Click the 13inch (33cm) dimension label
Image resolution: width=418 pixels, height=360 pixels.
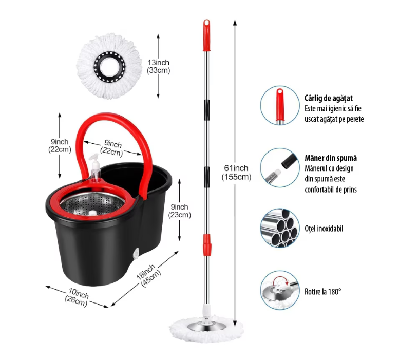pyautogui.click(x=159, y=66)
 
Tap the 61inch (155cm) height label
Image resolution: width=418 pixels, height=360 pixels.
pyautogui.click(x=236, y=172)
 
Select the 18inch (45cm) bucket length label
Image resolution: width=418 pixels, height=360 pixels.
pyautogui.click(x=148, y=275)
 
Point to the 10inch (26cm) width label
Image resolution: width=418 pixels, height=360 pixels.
pyautogui.click(x=77, y=297)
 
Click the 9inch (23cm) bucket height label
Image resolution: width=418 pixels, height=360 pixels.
pyautogui.click(x=180, y=211)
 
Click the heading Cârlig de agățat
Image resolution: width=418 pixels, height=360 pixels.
pyautogui.click(x=329, y=98)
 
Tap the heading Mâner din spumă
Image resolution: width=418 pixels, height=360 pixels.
pyautogui.click(x=331, y=158)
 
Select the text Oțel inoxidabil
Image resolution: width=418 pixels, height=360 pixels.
pyautogui.click(x=324, y=229)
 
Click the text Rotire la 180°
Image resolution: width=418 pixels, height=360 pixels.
pyautogui.click(x=323, y=292)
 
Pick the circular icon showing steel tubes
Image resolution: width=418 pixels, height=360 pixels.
pyautogui.click(x=280, y=228)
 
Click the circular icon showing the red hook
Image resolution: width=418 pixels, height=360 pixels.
pyautogui.click(x=280, y=105)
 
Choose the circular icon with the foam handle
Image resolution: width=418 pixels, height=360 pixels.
pyautogui.click(x=280, y=168)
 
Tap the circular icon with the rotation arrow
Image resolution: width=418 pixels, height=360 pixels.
pyautogui.click(x=280, y=290)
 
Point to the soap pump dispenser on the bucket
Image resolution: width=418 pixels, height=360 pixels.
pyautogui.click(x=95, y=167)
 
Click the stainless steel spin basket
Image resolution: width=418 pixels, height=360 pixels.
pyautogui.click(x=92, y=203)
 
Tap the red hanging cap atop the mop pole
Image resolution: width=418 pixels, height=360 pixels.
pyautogui.click(x=206, y=35)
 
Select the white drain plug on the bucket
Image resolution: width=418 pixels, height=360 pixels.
pyautogui.click(x=136, y=253)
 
